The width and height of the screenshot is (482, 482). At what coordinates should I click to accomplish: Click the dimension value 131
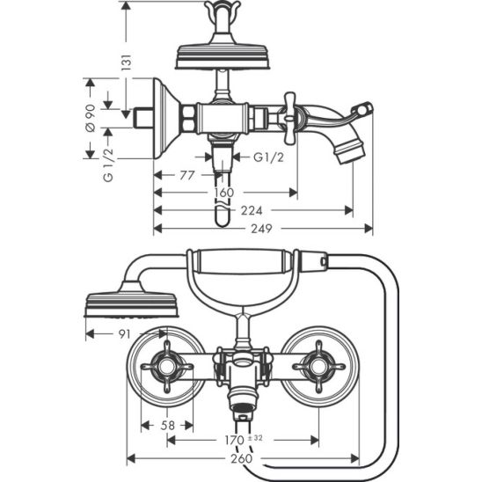tap(126, 62)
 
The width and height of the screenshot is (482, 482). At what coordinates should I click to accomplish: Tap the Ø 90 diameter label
tap(91, 119)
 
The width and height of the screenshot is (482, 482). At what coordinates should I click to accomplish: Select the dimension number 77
tap(187, 175)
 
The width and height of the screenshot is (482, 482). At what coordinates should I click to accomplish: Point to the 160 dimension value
tap(224, 193)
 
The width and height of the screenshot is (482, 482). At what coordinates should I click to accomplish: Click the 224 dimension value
tap(252, 210)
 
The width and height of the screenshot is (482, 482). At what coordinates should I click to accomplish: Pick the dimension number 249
tap(261, 229)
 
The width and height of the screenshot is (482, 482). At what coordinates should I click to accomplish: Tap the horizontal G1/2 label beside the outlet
tap(268, 157)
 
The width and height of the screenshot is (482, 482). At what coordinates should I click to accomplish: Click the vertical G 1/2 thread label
tap(108, 165)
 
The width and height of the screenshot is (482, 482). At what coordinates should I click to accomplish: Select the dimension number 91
tap(125, 334)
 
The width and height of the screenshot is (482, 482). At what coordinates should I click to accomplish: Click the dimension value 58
tap(168, 426)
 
